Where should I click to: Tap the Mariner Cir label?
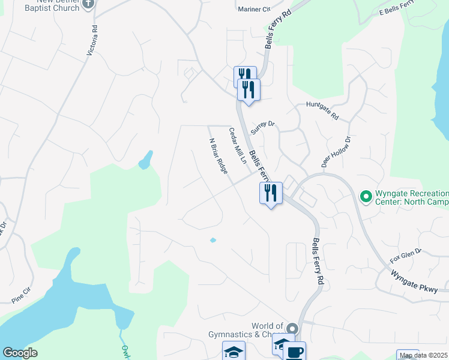255,10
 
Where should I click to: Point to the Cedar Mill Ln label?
237,146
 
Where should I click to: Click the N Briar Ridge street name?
218,156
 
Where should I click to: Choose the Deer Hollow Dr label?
335,152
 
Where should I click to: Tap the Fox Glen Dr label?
406,257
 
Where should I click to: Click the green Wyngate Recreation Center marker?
365,196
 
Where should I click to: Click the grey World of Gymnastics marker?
292,329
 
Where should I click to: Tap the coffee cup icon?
295,352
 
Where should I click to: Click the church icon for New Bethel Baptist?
88,4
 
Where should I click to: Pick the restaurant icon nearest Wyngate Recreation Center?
271,193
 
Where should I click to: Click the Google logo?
20,353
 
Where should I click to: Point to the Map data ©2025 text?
424,355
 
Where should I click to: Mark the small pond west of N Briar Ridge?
145,160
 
